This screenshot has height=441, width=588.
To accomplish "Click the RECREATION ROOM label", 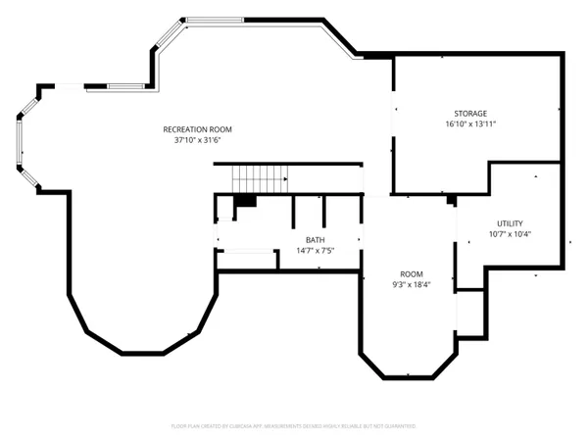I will (x=198, y=129).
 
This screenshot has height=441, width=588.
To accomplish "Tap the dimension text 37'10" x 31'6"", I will (x=198, y=140).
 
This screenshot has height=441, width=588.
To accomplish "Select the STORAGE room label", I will (x=470, y=114).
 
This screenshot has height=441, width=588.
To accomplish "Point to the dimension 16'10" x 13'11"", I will (x=470, y=124).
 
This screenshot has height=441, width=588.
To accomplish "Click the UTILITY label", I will (x=511, y=223).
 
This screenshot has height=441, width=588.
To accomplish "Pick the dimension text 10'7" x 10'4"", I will (x=511, y=234).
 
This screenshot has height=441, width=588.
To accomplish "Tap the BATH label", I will (x=315, y=240).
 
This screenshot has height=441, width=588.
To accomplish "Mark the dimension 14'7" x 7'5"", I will (x=315, y=251).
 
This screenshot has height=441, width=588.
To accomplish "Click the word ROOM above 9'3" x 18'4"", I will (x=410, y=273).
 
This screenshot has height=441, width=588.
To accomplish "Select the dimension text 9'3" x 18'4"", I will (x=410, y=285).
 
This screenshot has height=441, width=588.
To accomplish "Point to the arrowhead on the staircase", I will (x=284, y=179).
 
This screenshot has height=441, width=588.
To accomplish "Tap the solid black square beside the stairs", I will (x=245, y=201).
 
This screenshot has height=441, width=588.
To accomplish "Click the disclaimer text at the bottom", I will (x=294, y=426).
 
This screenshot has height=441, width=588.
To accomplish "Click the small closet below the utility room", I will (x=471, y=314).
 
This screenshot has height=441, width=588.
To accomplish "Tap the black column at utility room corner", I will (x=451, y=200).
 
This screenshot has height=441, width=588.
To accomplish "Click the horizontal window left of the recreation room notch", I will (x=125, y=87).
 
